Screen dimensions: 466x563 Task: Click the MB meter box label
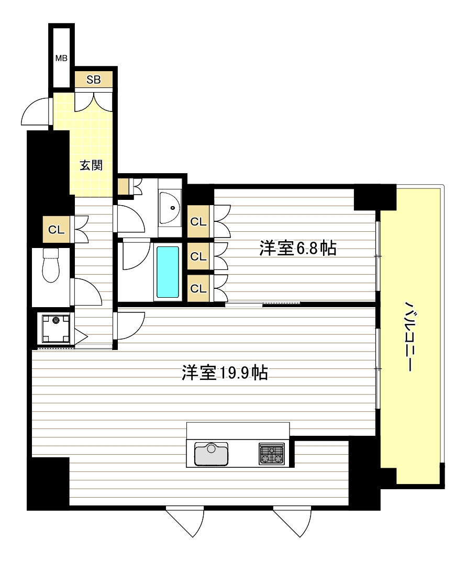click(x=61, y=58)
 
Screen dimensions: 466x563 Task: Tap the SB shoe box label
click(x=93, y=80)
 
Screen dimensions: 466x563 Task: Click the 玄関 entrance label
click(x=91, y=165)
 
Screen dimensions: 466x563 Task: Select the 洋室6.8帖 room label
click(x=298, y=247)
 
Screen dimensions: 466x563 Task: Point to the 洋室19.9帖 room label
click(x=225, y=373)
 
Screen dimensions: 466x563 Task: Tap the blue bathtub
click(x=168, y=272)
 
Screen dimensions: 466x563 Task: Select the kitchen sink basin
click(x=211, y=454)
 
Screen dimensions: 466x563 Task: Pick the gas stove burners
click(x=272, y=454)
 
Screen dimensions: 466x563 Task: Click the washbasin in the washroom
click(x=170, y=208)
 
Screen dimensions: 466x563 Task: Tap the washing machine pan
click(x=56, y=329)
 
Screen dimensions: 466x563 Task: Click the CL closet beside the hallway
click(x=57, y=229)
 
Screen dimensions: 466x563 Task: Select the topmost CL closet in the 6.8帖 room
click(x=198, y=221)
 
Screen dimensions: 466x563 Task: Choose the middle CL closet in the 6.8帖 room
click(x=198, y=256)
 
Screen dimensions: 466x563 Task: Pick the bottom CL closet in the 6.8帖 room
click(x=198, y=288)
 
